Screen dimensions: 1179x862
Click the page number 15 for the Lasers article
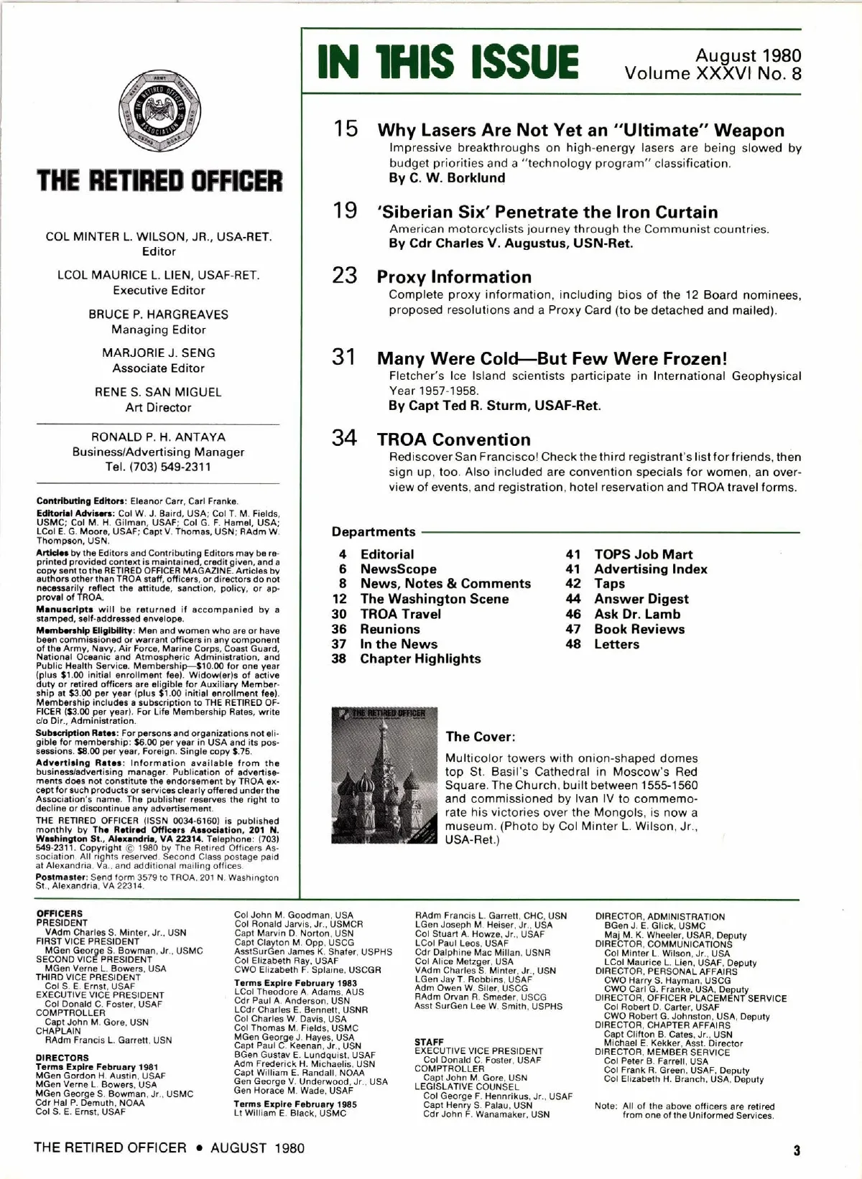[345, 129]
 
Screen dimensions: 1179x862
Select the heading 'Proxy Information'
[454, 277]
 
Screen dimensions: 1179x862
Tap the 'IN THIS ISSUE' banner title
[448, 62]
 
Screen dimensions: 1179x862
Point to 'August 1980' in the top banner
[748, 55]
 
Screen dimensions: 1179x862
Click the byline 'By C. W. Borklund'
[447, 178]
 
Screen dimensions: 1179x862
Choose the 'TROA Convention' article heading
[453, 439]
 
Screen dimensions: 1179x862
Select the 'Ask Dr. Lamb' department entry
[636, 614]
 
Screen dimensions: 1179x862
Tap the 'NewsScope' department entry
[398, 569]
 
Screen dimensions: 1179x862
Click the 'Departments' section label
[374, 532]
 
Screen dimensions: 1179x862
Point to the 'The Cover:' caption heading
[480, 737]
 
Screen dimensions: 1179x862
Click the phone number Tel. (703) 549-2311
[158, 467]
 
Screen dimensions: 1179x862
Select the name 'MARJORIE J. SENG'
[158, 353]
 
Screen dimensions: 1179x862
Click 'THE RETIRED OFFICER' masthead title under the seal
[159, 181]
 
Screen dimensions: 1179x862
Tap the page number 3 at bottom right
[796, 1150]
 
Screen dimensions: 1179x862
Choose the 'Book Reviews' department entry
[639, 629]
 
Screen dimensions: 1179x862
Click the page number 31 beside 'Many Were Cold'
[344, 357]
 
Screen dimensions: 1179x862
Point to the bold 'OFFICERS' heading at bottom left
[59, 913]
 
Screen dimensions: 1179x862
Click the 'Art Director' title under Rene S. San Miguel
[158, 407]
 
